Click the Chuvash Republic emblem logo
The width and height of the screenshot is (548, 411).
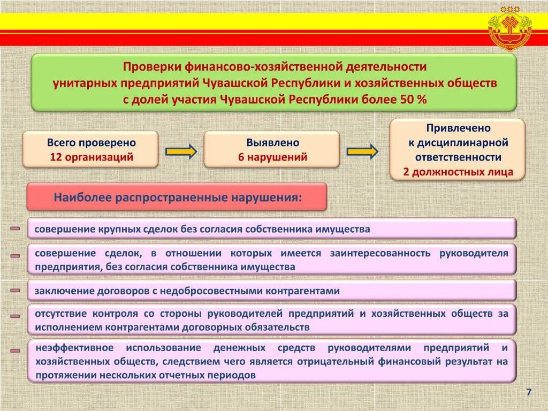pyautogui.click(x=511, y=28)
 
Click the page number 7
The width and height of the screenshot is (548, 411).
pyautogui.click(x=529, y=392)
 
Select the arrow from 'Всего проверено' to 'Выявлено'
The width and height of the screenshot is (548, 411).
pyautogui.click(x=181, y=151)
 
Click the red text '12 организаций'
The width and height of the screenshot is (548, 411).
pyautogui.click(x=91, y=157)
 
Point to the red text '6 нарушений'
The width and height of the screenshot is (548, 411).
pyautogui.click(x=272, y=157)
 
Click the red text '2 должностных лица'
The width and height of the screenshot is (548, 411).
pyautogui.click(x=458, y=172)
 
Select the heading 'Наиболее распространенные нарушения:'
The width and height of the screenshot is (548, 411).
pyautogui.click(x=177, y=197)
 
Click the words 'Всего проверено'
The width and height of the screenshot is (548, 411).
pyautogui.click(x=91, y=143)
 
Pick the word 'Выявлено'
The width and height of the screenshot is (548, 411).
pyautogui.click(x=272, y=143)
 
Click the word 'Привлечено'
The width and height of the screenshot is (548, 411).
pyautogui.click(x=458, y=128)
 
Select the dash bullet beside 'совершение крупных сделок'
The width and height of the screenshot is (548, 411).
pyautogui.click(x=15, y=229)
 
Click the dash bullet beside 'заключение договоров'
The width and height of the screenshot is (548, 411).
pyautogui.click(x=15, y=291)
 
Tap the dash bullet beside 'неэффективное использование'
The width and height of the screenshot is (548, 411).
pyautogui.click(x=15, y=351)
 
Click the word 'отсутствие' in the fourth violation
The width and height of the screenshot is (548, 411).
pyautogui.click(x=60, y=314)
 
